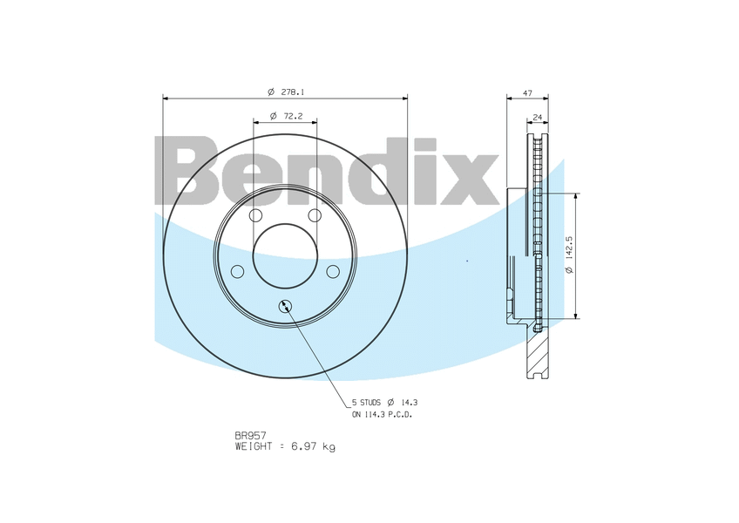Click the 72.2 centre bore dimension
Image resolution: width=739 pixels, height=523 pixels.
click(x=292, y=115)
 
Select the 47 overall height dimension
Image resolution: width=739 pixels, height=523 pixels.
click(x=527, y=92)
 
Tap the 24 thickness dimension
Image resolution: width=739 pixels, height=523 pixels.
click(x=537, y=115)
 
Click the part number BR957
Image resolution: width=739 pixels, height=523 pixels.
click(x=250, y=434)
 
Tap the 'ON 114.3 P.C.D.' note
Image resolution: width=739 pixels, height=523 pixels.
click(x=382, y=415)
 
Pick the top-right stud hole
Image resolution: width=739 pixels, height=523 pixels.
click(x=315, y=215)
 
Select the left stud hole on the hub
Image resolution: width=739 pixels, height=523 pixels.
click(x=237, y=272)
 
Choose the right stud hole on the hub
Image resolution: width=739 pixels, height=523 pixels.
click(x=333, y=272)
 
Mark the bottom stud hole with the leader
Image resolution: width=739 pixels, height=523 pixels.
click(x=285, y=305)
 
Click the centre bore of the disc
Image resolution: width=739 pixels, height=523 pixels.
click(x=285, y=255)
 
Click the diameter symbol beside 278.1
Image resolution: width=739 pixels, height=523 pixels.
click(x=271, y=92)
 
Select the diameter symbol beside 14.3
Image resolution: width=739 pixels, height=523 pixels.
click(x=391, y=403)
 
